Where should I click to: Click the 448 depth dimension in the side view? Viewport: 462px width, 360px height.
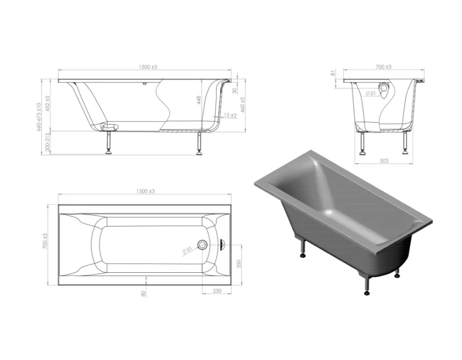coord(199,100)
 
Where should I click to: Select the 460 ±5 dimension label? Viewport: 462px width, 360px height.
coord(243,104)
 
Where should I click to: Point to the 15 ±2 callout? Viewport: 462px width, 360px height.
coord(230,115)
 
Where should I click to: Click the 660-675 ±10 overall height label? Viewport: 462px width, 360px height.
coord(38,117)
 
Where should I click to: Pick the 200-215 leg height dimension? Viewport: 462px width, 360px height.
coord(48,142)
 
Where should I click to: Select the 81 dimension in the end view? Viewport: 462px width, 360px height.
coord(333,73)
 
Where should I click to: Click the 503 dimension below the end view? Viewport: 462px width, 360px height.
coord(384,161)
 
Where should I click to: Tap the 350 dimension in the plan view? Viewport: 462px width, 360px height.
coord(239,264)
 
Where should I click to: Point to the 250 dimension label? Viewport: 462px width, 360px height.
coord(217,291)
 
